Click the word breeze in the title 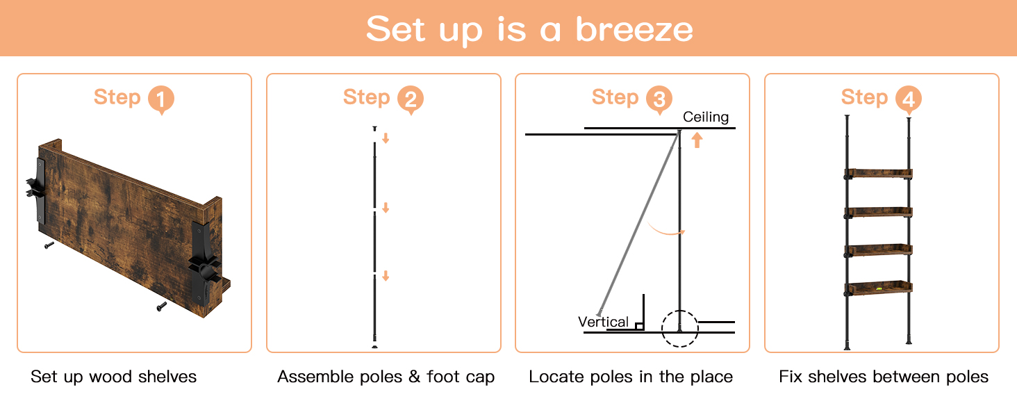coord(634,29)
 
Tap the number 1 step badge coord(160,99)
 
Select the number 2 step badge coord(411,99)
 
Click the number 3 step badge coord(659,99)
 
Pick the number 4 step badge coord(909,99)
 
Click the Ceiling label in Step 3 coord(706,117)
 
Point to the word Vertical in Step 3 coord(603,322)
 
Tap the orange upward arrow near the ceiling coord(697,140)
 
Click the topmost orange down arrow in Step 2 coord(386,138)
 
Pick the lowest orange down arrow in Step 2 coord(386,276)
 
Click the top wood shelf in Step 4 coord(878,174)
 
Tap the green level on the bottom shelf coord(879,288)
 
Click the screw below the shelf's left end coord(49,245)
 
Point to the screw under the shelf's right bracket coord(161,307)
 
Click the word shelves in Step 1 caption coord(167,377)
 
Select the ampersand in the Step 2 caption coord(414,377)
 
